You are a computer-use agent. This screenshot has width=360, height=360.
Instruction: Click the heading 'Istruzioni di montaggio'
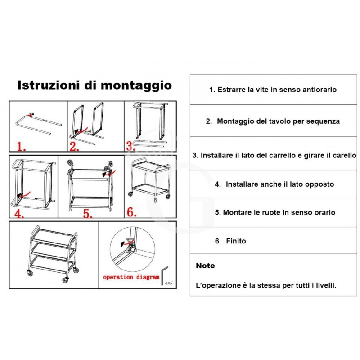pyautogui.click(x=94, y=85)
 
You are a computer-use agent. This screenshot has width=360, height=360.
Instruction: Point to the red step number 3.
pyautogui.click(x=131, y=145)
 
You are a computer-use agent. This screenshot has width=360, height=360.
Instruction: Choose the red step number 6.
pyautogui.click(x=131, y=211)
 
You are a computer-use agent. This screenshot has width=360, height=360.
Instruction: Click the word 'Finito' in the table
pyautogui.click(x=236, y=241)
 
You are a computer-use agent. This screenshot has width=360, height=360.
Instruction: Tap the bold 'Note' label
pyautogui.click(x=205, y=265)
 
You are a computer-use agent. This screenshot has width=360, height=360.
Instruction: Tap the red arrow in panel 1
pyautogui.click(x=31, y=115)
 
